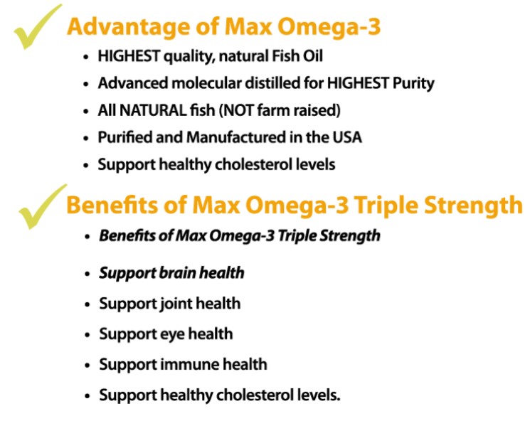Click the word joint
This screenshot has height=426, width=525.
click(175, 304)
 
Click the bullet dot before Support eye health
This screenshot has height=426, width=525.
click(87, 335)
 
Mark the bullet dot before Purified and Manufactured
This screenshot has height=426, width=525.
click(86, 138)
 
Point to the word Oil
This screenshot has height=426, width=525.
click(313, 56)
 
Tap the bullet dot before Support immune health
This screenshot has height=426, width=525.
click(87, 365)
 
